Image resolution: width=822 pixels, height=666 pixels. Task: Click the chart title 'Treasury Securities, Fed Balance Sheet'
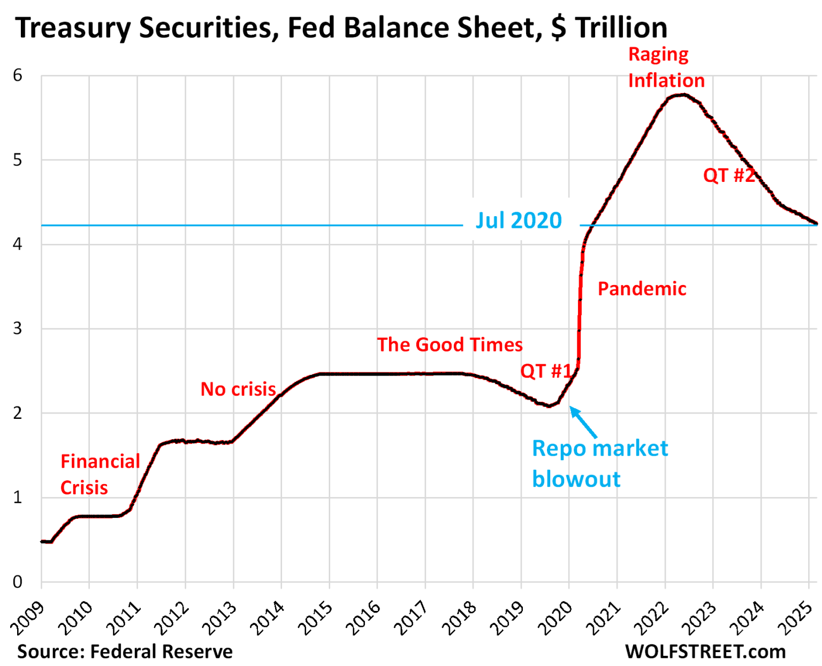coord(341,28)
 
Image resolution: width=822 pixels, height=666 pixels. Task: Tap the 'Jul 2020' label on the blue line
coord(519,220)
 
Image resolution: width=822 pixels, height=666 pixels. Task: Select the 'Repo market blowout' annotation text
coord(599,463)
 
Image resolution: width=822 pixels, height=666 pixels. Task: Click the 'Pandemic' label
coord(642,289)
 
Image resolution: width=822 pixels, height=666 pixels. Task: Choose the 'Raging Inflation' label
coord(666,67)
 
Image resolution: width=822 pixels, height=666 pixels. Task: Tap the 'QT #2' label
coord(728,175)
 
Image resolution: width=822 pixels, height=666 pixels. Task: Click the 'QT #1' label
coord(546,371)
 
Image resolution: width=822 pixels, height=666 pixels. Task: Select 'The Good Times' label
coord(450,345)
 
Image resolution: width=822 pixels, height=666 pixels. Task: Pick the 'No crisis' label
coord(238,389)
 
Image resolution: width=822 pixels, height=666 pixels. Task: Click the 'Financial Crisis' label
coord(100,474)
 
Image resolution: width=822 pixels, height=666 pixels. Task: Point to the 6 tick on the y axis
coord(18,75)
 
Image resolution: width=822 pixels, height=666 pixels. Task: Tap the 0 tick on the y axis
coord(18,582)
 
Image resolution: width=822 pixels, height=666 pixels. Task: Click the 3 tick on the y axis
coord(18,328)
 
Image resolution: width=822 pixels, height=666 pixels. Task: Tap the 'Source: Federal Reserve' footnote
coord(125,652)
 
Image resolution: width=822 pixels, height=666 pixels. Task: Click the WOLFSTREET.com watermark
coord(705,652)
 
